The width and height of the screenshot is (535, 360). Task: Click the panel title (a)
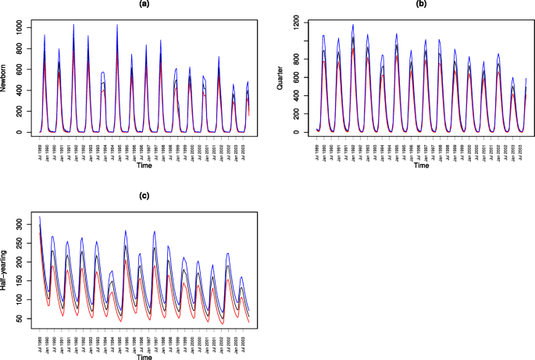pyautogui.click(x=144, y=5)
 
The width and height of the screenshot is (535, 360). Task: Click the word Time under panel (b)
pyautogui.click(x=421, y=165)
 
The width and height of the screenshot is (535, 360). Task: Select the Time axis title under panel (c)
pyautogui.click(x=144, y=356)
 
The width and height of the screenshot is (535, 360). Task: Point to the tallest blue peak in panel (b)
pyautogui.click(x=353, y=25)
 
